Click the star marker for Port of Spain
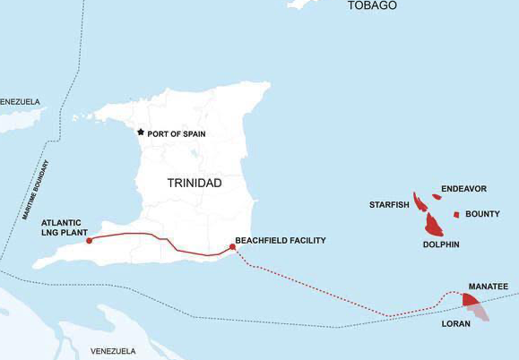tap(140, 133)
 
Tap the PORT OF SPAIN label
tap(177, 133)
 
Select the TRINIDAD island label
tap(195, 183)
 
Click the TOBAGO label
tap(372, 5)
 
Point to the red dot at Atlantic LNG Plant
tap(89, 240)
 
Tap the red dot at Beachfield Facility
tap(233, 247)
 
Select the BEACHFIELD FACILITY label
tap(280, 241)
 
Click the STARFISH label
tap(389, 205)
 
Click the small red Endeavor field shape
tap(437, 197)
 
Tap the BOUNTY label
tap(482, 214)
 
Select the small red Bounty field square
tap(456, 215)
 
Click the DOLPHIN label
tap(440, 244)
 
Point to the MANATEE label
tap(489, 287)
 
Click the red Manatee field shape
tap(471, 299)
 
